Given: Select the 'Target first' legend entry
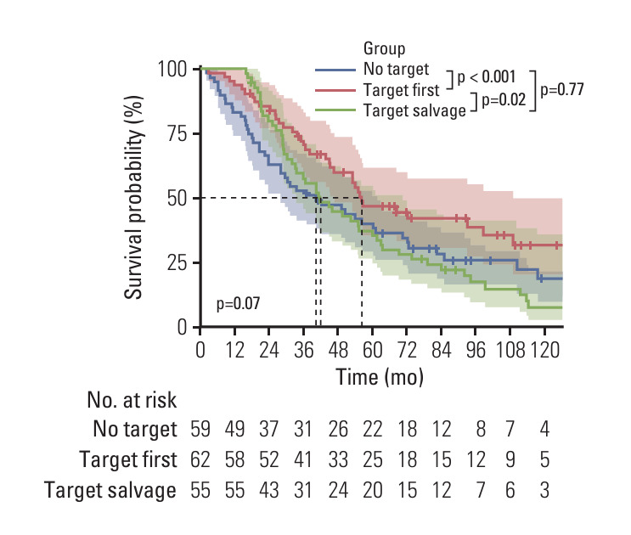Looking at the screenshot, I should [399, 89].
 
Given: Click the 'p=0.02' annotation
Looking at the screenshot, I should [504, 99].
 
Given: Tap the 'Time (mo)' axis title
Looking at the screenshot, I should [379, 374].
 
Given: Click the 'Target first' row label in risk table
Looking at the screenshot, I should [128, 460].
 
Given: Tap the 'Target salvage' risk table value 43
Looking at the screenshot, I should [269, 490].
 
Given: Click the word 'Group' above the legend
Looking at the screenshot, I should [384, 48].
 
